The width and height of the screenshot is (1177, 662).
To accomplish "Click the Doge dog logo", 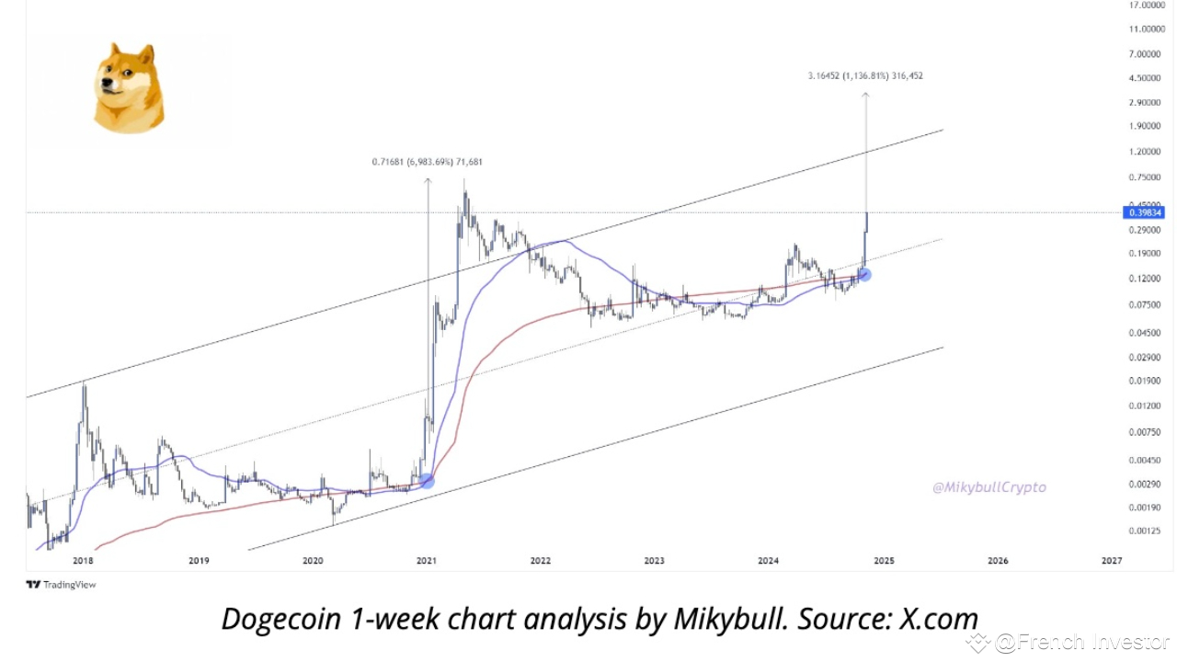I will (129, 88).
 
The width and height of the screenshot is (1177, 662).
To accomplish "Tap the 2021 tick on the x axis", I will (426, 560).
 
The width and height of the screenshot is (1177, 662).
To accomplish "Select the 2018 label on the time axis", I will (83, 560).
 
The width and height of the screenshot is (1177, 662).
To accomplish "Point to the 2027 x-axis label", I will (1111, 560).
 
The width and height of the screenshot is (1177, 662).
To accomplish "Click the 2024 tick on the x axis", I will (769, 560).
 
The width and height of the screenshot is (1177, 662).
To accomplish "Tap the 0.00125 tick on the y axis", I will (1145, 531).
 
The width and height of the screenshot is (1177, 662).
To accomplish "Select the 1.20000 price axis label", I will (1145, 151).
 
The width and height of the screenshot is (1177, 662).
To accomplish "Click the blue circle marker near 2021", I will (427, 480).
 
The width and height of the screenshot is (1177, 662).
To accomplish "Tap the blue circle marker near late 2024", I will (864, 274).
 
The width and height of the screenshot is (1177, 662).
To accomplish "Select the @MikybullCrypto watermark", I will (988, 487).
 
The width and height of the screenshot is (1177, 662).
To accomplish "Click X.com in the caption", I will (939, 619).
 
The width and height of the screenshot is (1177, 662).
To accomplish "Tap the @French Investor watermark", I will (1076, 642).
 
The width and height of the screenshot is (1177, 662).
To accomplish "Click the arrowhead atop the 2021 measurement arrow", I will (428, 180).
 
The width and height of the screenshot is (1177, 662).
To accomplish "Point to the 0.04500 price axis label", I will (1145, 333).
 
